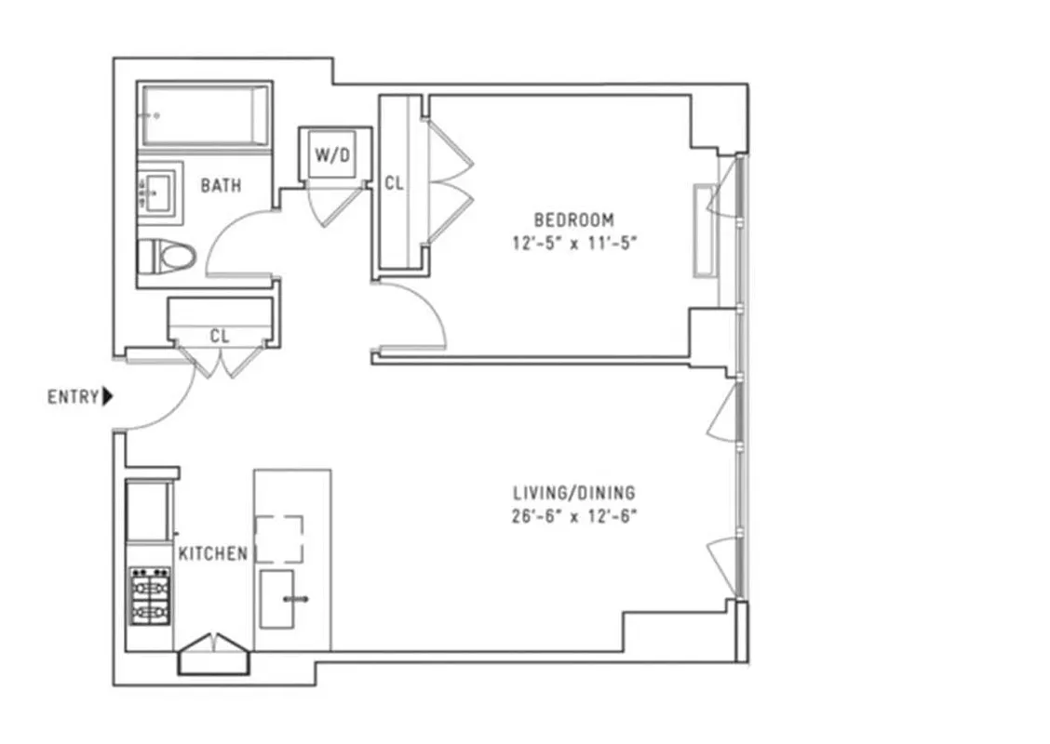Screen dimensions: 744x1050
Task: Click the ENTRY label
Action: (x=73, y=397)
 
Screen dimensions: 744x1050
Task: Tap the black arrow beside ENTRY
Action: (x=108, y=397)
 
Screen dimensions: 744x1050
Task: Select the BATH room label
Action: (x=221, y=185)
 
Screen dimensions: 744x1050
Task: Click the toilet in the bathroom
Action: (x=168, y=255)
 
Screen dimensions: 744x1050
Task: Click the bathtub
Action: (x=205, y=115)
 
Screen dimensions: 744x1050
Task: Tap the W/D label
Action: (x=332, y=155)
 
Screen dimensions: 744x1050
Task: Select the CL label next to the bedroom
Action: (x=395, y=183)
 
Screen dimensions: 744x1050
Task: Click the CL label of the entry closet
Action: (x=220, y=337)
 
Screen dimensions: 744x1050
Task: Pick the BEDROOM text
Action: (x=573, y=220)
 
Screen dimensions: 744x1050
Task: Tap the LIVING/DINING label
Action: (x=574, y=493)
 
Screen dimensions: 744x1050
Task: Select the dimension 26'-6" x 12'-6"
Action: (x=574, y=516)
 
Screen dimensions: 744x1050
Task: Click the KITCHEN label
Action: (x=213, y=553)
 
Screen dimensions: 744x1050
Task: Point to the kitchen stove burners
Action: (x=150, y=595)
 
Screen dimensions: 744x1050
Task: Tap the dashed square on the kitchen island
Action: (x=279, y=538)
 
